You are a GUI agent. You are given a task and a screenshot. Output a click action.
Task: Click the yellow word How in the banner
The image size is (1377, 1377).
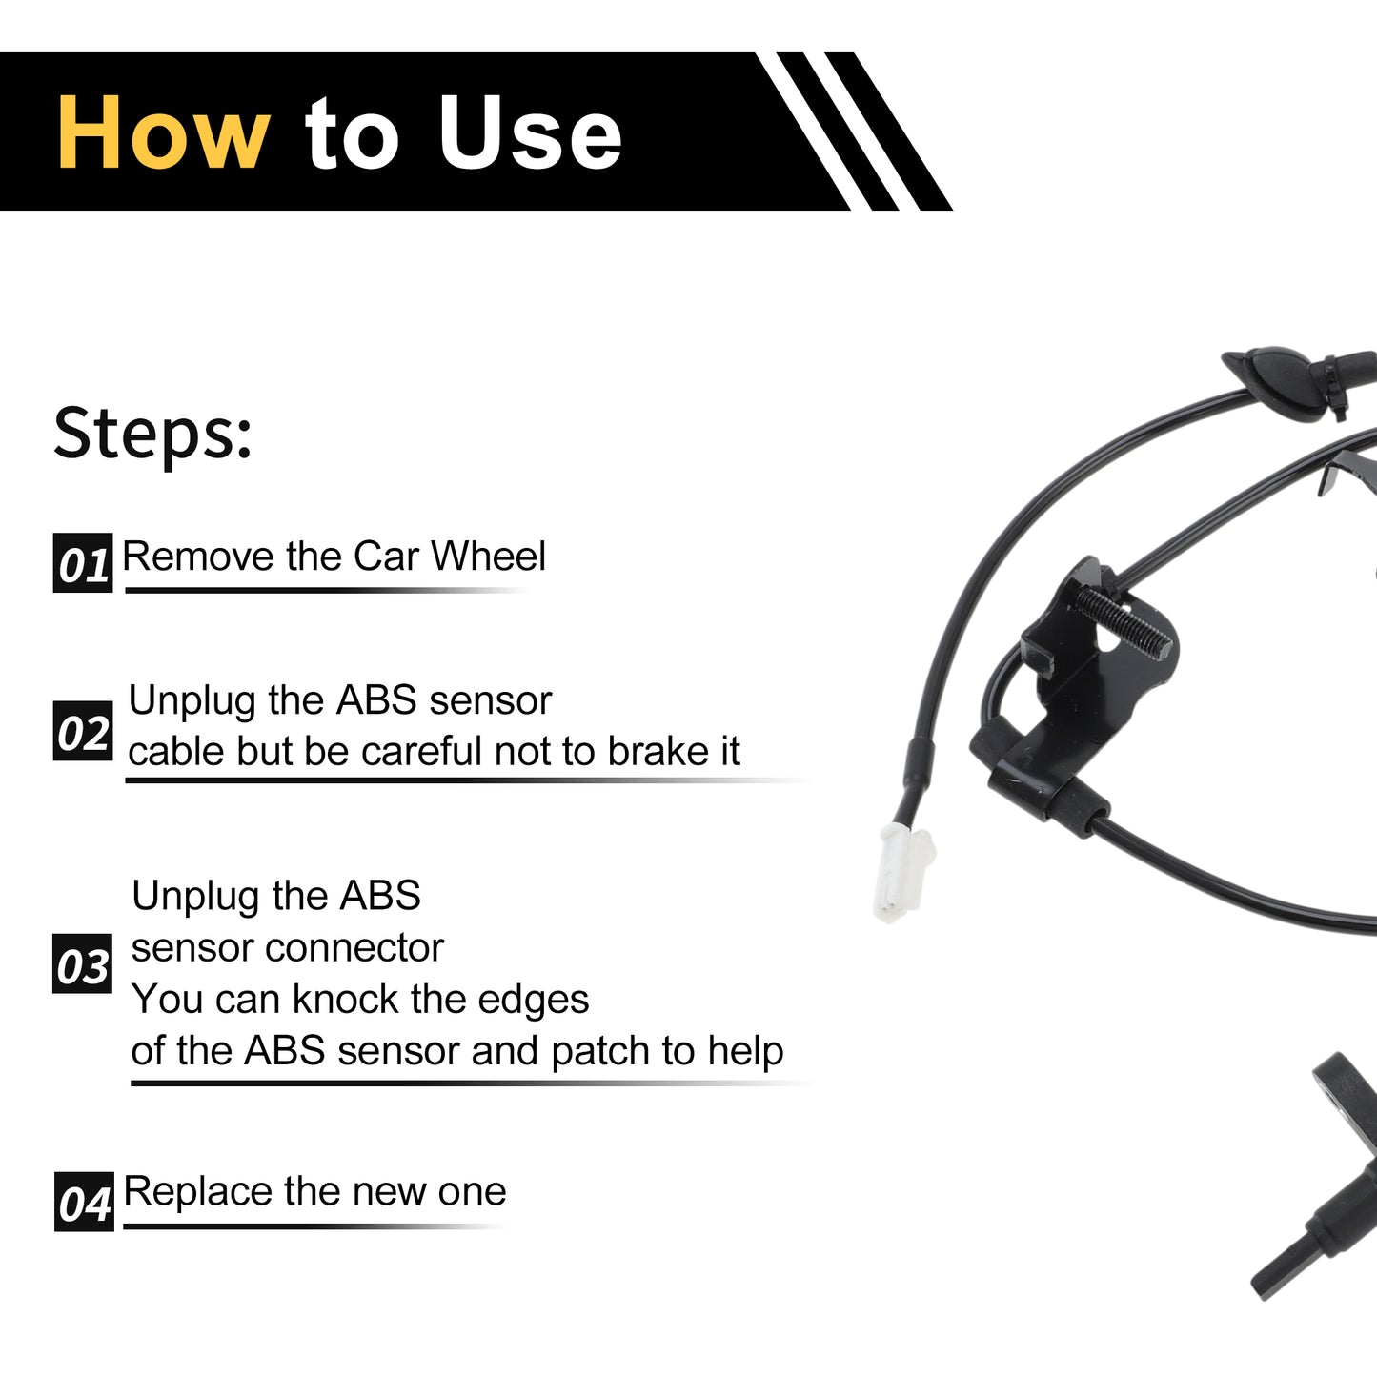(x=164, y=132)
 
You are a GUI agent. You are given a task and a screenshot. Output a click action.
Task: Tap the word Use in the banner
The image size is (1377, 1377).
(x=530, y=132)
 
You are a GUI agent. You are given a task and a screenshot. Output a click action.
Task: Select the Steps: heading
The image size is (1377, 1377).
(x=152, y=434)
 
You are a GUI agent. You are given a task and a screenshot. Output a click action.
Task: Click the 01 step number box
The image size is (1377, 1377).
(x=83, y=562)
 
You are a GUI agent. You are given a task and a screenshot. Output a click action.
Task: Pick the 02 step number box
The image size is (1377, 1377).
(x=83, y=730)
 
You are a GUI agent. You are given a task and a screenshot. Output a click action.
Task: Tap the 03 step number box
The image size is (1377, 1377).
(x=82, y=963)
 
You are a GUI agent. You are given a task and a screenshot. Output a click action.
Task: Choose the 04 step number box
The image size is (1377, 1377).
(x=84, y=1202)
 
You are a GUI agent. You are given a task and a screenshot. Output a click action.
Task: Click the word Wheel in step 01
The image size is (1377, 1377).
(x=489, y=556)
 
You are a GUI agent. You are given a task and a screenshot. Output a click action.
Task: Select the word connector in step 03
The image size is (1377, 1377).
(x=354, y=948)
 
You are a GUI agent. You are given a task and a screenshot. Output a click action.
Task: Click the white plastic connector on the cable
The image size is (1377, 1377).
(x=901, y=872)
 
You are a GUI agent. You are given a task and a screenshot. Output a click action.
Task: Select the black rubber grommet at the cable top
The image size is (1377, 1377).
(x=1279, y=383)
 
